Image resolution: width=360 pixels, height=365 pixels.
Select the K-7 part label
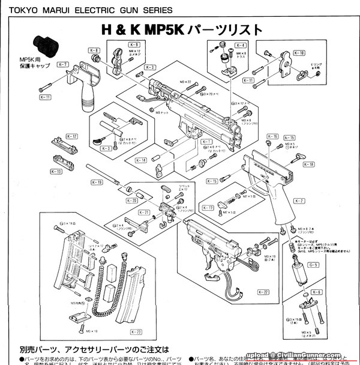click(63, 64)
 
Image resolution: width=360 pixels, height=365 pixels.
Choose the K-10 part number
click(299, 53)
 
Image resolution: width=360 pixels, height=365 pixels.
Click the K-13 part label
click(55, 172)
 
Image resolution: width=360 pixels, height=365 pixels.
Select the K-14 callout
click(141, 160)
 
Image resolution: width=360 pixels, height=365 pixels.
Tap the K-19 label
click(97, 182)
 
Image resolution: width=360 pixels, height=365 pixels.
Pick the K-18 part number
click(308, 164)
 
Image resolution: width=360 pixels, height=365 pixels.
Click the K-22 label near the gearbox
click(263, 292)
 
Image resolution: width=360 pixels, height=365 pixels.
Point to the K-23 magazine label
click(135, 331)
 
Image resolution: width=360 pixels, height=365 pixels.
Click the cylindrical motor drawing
click(296, 271)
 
